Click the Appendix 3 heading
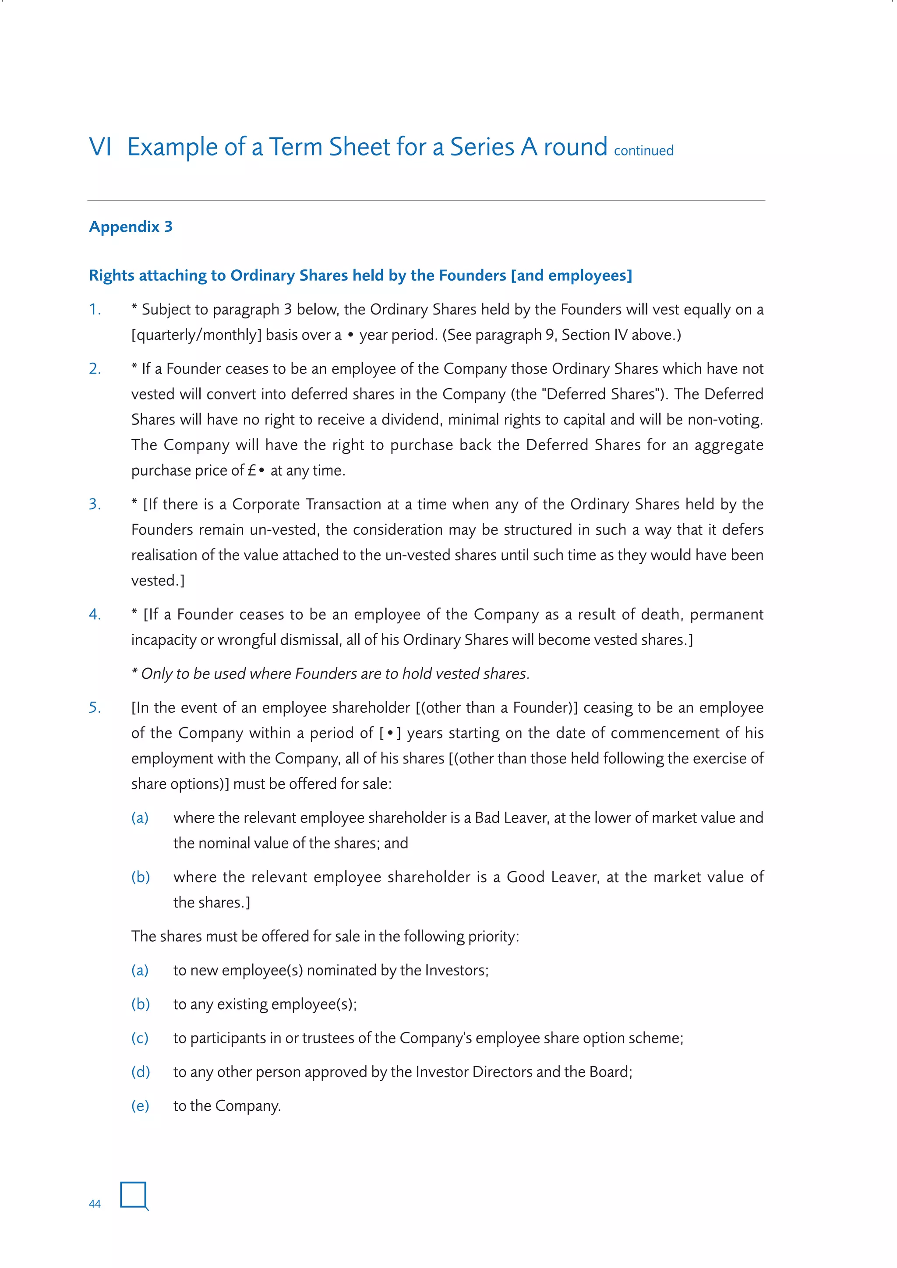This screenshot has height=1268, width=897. (x=131, y=226)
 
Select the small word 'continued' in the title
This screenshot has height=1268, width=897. (x=643, y=151)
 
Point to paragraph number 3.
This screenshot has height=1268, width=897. (x=95, y=504)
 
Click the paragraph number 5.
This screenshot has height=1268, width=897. (x=95, y=707)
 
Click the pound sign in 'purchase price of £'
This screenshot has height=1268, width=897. (x=252, y=470)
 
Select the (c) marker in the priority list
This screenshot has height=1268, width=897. (x=140, y=1038)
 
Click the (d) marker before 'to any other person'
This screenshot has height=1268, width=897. (x=140, y=1072)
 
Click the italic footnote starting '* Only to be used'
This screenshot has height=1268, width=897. (x=330, y=674)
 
